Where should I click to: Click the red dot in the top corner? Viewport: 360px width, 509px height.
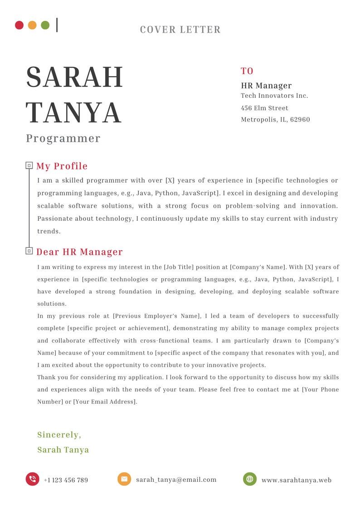click(x=19, y=25)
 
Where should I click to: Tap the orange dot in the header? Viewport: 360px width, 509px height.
click(x=32, y=25)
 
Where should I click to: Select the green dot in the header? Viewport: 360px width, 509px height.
click(x=45, y=25)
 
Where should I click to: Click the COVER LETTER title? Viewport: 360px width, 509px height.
click(x=180, y=29)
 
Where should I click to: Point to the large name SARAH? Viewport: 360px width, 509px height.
click(x=74, y=78)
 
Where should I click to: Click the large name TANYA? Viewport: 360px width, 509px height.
click(x=73, y=113)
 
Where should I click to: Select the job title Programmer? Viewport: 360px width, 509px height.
click(x=63, y=138)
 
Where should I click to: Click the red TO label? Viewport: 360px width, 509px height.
click(x=247, y=71)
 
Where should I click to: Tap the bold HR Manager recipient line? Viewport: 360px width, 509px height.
click(x=266, y=86)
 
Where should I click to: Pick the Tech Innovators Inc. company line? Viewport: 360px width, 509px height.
click(x=274, y=96)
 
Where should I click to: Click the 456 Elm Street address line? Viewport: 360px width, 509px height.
click(x=264, y=108)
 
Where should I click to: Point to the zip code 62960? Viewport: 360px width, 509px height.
click(x=300, y=120)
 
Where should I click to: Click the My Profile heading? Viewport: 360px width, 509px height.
click(x=62, y=166)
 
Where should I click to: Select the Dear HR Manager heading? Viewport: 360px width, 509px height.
click(x=79, y=252)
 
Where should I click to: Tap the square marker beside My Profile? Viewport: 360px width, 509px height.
click(x=29, y=165)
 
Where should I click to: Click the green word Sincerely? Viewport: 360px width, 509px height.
click(x=59, y=435)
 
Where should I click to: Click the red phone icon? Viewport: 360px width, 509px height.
click(x=32, y=479)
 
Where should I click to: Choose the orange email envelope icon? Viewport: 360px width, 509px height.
click(x=124, y=479)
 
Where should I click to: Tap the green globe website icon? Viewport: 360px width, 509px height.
click(x=249, y=479)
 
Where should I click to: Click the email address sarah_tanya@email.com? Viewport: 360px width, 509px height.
click(x=176, y=480)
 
